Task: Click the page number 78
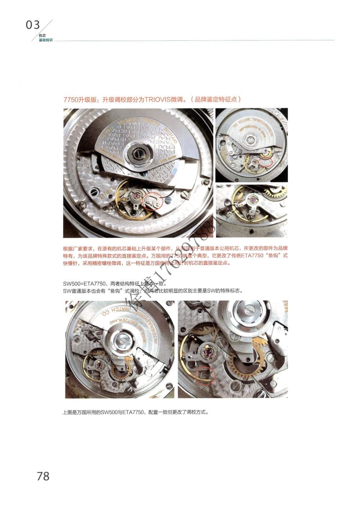[x=43, y=476]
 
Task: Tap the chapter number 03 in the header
[x=33, y=25]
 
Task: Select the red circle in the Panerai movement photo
[x=154, y=202]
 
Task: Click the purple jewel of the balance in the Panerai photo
[x=136, y=196]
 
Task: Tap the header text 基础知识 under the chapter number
[x=46, y=40]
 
